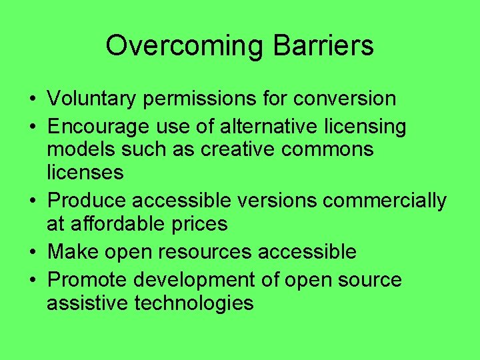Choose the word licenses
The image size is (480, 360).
85,173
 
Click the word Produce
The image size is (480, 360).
89,200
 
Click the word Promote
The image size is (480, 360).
90,280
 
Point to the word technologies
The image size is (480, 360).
194,303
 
